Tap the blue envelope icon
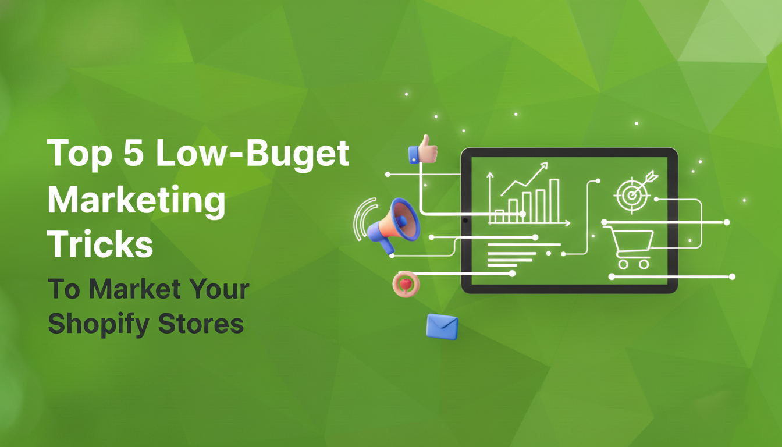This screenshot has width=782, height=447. coord(442,326)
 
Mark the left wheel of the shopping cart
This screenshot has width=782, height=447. coord(623,264)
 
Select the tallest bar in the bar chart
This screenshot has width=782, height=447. coord(554,201)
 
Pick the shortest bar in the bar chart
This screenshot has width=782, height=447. coord(499,217)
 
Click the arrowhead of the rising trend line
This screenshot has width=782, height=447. coord(544,166)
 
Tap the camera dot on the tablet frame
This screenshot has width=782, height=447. coord(465,221)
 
